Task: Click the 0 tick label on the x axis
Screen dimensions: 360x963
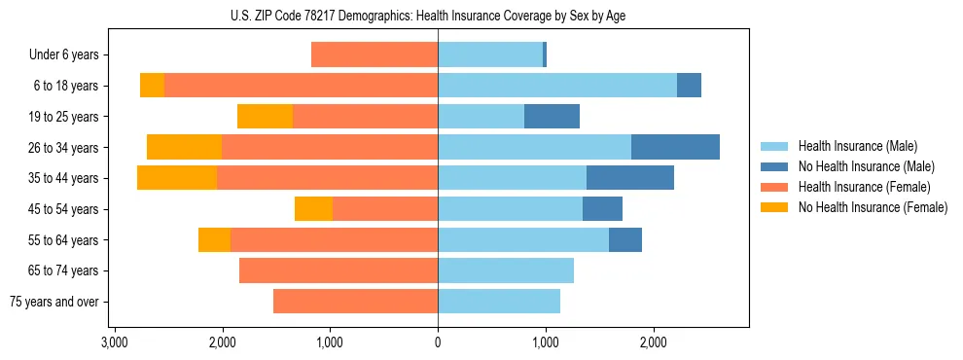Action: (x=438, y=342)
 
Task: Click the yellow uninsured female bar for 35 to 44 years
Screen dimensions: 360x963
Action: (x=177, y=178)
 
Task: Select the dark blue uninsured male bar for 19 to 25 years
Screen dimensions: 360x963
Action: (x=552, y=117)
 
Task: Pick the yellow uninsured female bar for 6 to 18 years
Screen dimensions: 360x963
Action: (x=152, y=86)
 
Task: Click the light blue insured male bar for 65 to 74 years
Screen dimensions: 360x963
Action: (x=506, y=270)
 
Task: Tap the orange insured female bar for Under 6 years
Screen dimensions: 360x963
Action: (x=374, y=54)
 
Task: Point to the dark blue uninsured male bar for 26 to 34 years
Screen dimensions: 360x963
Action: (x=675, y=147)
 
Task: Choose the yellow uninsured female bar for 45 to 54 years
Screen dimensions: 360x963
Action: (x=313, y=209)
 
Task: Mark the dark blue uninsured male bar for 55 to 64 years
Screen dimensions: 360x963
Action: (x=625, y=239)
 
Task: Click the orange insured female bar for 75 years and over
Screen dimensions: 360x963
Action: (x=355, y=302)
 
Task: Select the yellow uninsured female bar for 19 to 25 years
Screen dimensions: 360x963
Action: (x=265, y=117)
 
